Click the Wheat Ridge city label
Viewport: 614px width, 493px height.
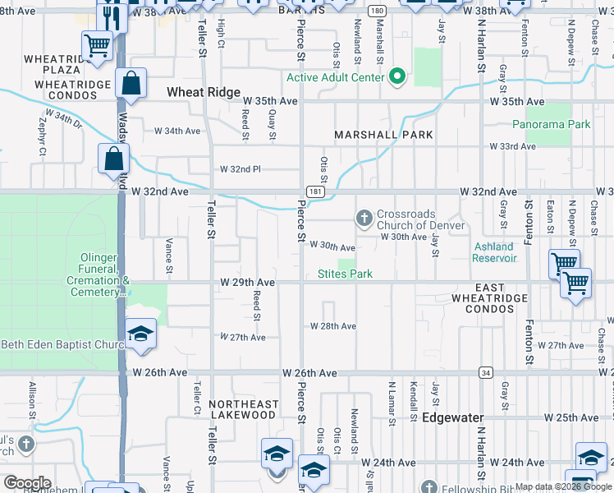[x=204, y=93]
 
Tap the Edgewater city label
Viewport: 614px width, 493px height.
[x=454, y=417]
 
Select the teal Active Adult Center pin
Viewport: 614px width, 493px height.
[x=398, y=77]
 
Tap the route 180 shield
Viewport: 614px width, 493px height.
[x=376, y=11]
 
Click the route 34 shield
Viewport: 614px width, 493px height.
[x=485, y=372]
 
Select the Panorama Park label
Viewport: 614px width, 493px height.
[x=551, y=125]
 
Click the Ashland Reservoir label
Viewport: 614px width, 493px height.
[x=493, y=252]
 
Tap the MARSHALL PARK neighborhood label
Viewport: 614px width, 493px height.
[x=383, y=135]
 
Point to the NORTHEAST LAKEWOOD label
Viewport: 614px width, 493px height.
[x=242, y=409]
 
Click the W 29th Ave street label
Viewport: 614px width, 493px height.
[x=247, y=282]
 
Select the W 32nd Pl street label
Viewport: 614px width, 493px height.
[x=240, y=169]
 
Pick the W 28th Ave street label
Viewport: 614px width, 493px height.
[x=332, y=326]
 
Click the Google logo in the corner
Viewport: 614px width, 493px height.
[x=27, y=483]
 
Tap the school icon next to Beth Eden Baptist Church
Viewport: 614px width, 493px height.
[x=141, y=334]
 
